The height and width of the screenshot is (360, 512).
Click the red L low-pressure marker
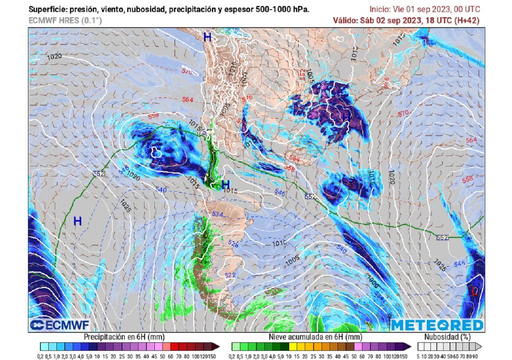[x=474, y=291]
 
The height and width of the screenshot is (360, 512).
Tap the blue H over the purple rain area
[x=345, y=115]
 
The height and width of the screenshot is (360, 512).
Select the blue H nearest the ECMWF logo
[x=77, y=221]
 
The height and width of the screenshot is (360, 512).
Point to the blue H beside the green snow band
[x=225, y=184]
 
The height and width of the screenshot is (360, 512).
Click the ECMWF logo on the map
[x=54, y=325]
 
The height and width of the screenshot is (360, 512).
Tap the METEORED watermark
[x=437, y=325]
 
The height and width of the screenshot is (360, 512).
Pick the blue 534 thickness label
[x=217, y=214]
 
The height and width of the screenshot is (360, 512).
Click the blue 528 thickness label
[x=232, y=243]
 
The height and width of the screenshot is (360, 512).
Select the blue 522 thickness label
[x=229, y=275]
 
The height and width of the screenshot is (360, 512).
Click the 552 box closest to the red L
[x=441, y=237]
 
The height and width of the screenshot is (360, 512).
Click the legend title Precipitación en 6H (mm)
[x=123, y=337]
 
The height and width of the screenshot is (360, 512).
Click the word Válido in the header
[x=345, y=20]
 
